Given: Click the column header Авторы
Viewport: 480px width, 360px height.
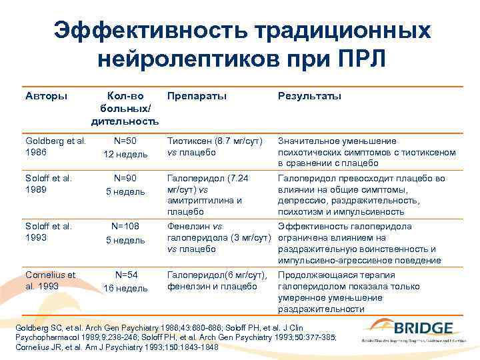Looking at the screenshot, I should [x=46, y=96].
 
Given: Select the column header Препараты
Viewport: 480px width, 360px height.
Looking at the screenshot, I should [x=197, y=96].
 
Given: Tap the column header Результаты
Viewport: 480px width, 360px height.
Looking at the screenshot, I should [x=309, y=96].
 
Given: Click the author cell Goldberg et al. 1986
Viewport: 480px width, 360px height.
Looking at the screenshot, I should [x=55, y=146].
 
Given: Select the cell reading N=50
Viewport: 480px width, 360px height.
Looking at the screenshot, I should [x=125, y=141].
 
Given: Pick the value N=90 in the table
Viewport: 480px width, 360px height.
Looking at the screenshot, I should [x=125, y=179].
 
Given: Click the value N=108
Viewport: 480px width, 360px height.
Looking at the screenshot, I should [x=125, y=227].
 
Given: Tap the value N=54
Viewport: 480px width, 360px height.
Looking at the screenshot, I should [x=125, y=275].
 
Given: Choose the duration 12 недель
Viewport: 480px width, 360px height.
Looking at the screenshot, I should [x=125, y=155].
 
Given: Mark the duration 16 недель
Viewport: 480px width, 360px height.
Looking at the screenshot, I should [x=125, y=288].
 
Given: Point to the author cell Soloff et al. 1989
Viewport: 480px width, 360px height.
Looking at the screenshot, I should [x=48, y=183].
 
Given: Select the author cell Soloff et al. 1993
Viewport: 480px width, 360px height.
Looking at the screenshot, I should [x=48, y=231].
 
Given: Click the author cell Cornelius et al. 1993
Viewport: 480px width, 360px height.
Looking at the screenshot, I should [x=51, y=280].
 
